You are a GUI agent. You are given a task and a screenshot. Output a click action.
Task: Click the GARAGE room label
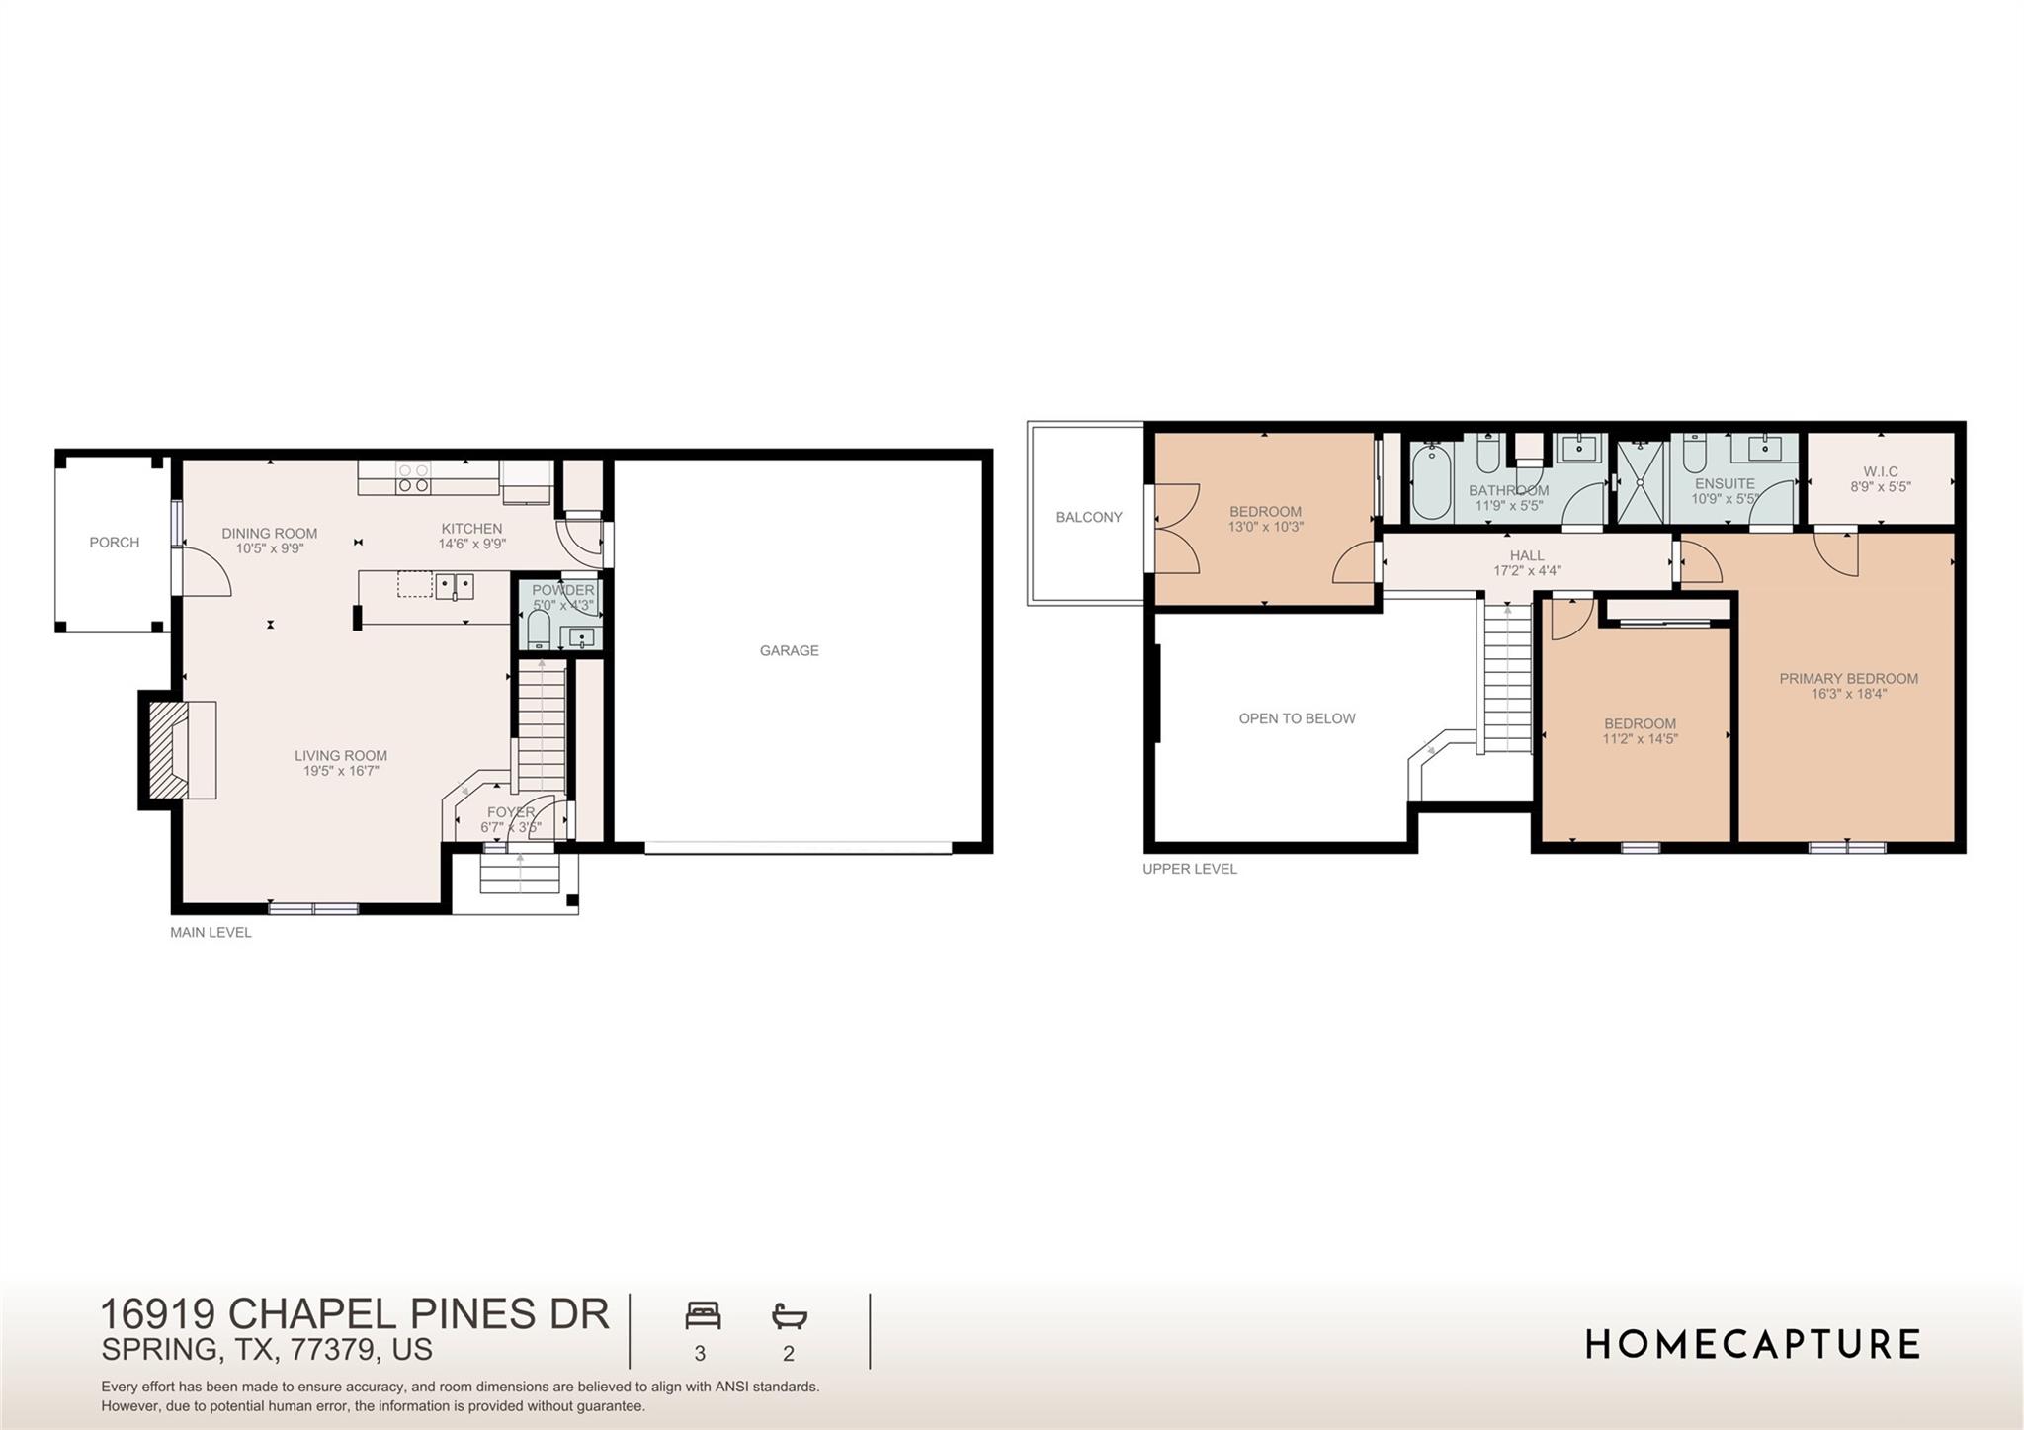789,650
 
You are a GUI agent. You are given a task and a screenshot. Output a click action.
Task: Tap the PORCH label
115,543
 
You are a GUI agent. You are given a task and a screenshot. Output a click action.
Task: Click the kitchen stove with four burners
413,478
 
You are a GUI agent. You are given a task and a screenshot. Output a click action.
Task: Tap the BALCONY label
1089,517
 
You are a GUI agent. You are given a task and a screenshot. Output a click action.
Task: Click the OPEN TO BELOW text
1297,718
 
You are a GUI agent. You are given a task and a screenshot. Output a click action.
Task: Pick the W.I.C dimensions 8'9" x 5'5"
1881,487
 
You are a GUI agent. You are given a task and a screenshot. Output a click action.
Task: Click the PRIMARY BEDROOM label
1848,679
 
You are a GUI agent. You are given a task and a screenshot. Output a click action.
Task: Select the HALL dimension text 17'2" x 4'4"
1527,571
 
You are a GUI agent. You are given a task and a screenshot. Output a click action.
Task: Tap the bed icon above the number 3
703,1316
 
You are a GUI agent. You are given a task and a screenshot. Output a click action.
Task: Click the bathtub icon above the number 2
790,1316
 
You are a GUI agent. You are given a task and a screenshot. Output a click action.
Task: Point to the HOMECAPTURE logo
1752,1345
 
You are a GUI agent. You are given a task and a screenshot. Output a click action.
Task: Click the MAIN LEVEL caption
211,932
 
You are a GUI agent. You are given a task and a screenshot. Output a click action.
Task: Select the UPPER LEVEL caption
1189,869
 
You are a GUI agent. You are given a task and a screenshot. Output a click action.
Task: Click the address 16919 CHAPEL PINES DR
355,1314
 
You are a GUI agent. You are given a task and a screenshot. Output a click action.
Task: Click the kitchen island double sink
455,586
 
